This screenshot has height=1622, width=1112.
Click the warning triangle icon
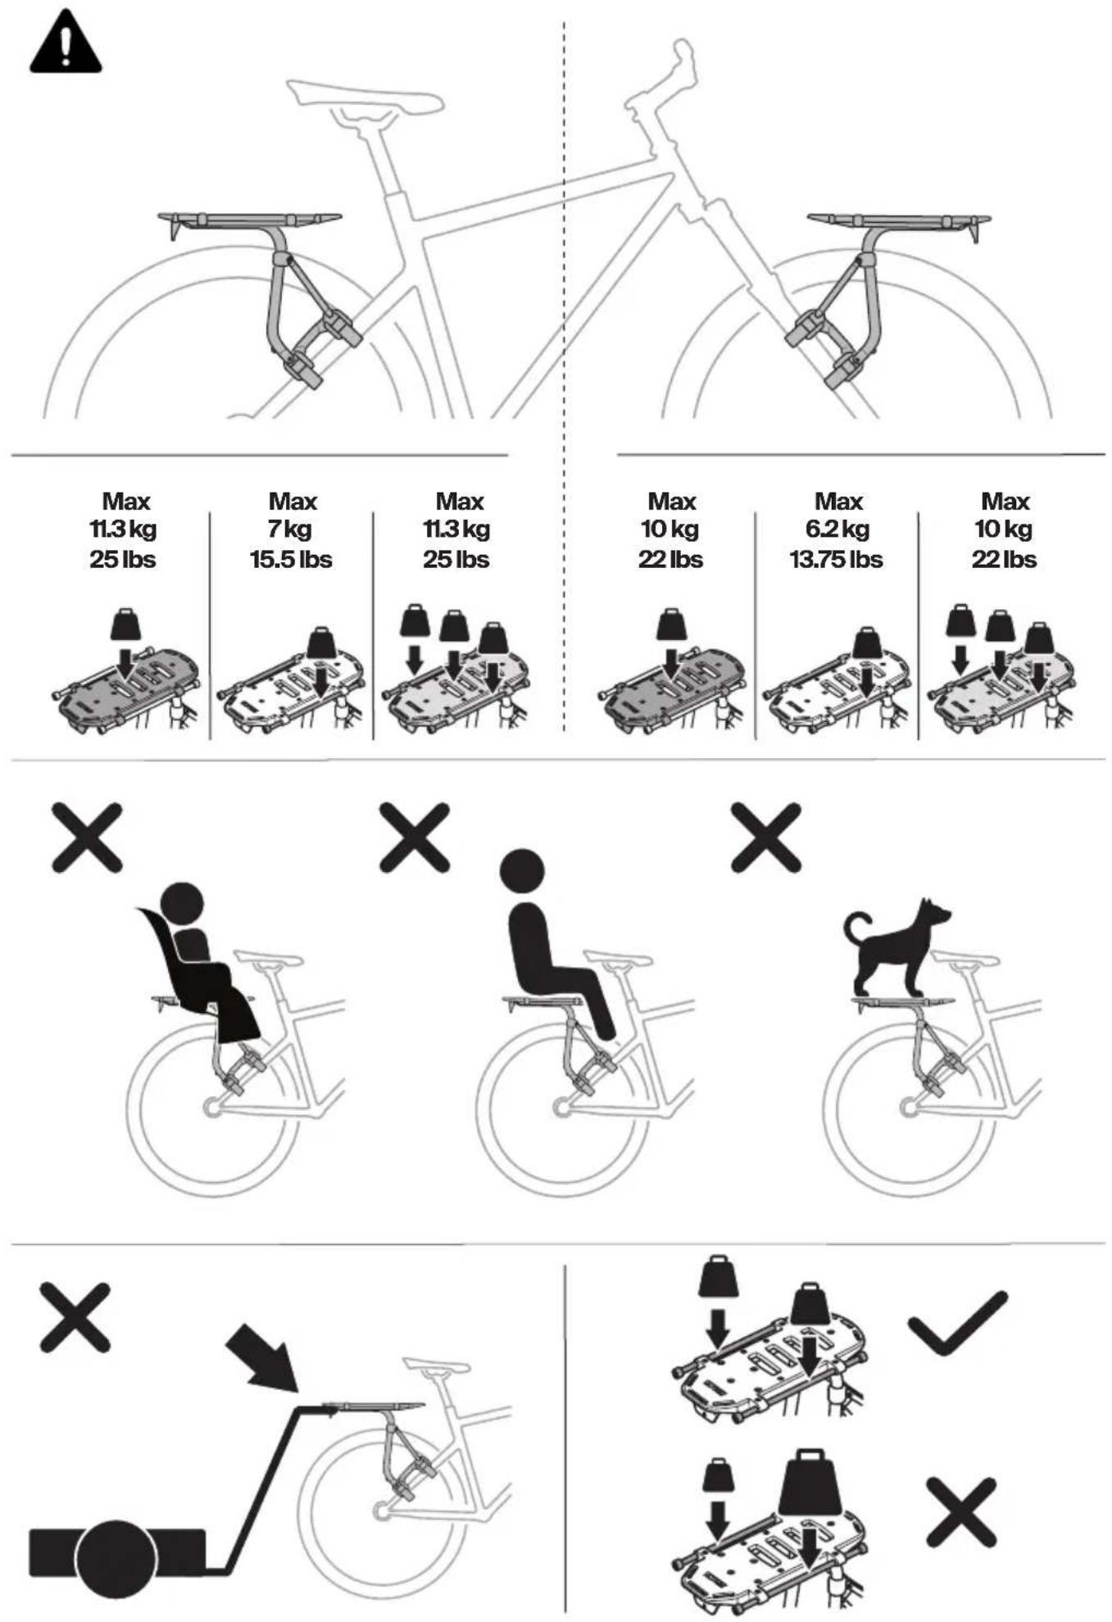coord(66,43)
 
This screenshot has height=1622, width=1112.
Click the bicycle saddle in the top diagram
coord(365,97)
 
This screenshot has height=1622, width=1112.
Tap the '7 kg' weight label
coord(292,529)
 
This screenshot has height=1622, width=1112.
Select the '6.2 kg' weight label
coord(837,529)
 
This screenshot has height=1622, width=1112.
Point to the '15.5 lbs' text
coord(291,560)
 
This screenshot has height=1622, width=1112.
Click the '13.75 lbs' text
coord(837,560)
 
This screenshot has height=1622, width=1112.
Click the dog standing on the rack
coord(896,947)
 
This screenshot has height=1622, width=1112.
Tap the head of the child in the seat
coord(182,903)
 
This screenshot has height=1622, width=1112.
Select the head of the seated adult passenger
coord(522,870)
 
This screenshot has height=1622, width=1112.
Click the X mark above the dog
coord(765,837)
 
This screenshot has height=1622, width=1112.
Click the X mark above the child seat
coord(87,837)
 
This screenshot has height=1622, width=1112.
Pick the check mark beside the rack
coord(957,1323)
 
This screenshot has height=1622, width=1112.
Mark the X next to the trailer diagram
coord(75,1318)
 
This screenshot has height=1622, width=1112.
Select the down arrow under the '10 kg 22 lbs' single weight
coord(671,663)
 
